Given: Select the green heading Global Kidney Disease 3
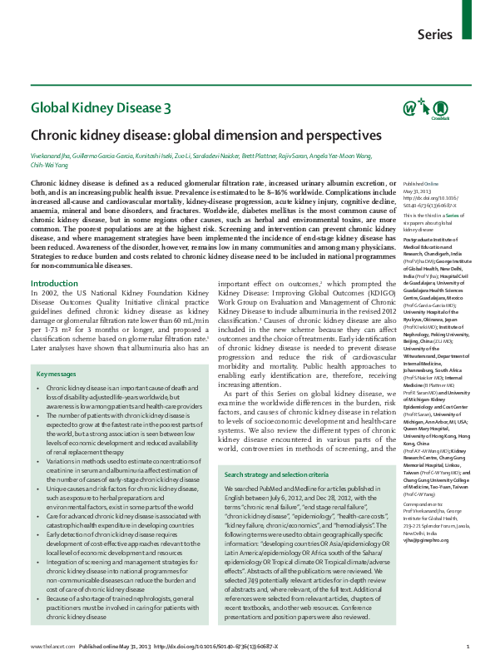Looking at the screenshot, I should pyautogui.click(x=101, y=107).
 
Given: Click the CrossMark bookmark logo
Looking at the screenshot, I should pyautogui.click(x=440, y=110).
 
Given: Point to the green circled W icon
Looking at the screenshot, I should pyautogui.click(x=408, y=107).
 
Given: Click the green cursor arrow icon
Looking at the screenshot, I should pyautogui.click(x=424, y=107).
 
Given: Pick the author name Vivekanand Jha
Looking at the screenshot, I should pyautogui.click(x=49, y=157).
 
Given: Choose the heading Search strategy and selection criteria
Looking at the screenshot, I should pyautogui.click(x=287, y=450).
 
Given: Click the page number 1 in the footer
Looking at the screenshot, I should pyautogui.click(x=468, y=647).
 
